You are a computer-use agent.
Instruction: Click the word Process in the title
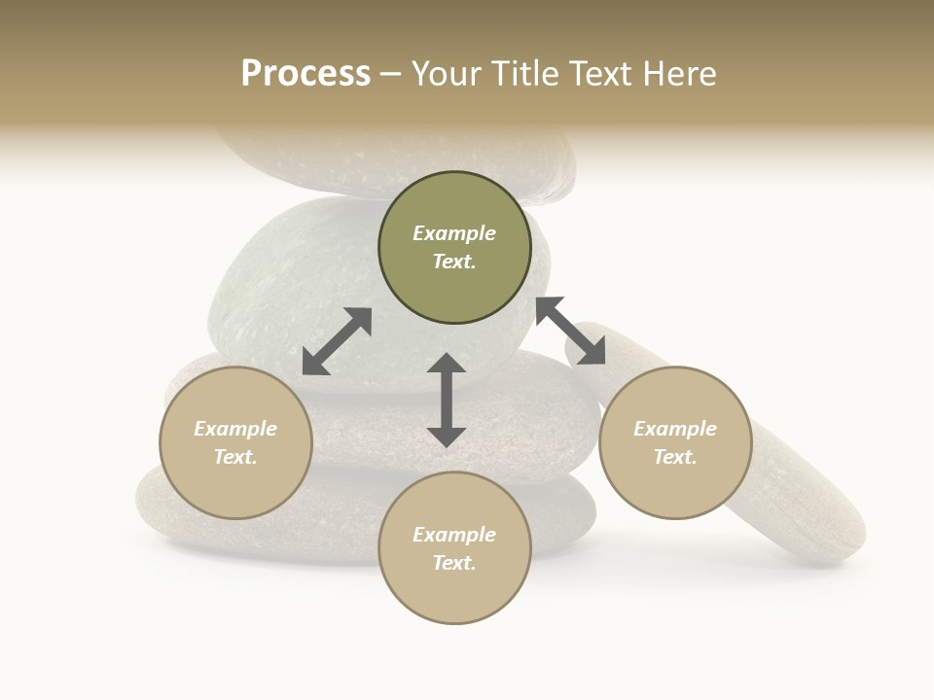(305, 74)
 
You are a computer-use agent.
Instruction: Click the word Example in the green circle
(454, 233)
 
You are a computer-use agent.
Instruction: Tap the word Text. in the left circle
(235, 457)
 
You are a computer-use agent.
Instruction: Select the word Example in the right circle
(675, 429)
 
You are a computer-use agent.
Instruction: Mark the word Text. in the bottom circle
(454, 563)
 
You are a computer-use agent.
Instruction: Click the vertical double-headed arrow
(447, 400)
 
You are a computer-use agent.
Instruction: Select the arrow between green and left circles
(337, 341)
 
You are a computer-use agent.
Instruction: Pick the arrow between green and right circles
(570, 332)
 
